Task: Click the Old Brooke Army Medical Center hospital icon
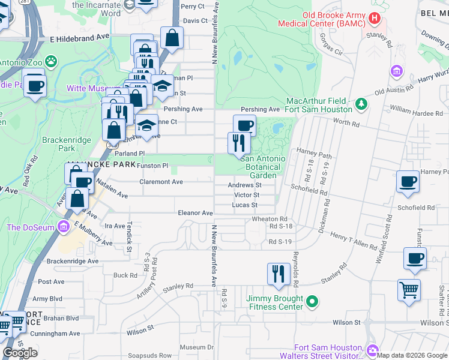(375, 19)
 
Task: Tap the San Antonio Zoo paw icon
(53, 61)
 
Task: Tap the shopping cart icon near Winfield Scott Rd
(409, 290)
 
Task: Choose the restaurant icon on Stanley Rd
(277, 274)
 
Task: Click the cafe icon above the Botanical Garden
(244, 125)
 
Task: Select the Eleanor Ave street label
(195, 213)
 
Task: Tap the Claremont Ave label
(161, 182)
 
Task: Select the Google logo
(20, 352)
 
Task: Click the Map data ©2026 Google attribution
(412, 355)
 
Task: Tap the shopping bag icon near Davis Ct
(172, 38)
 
